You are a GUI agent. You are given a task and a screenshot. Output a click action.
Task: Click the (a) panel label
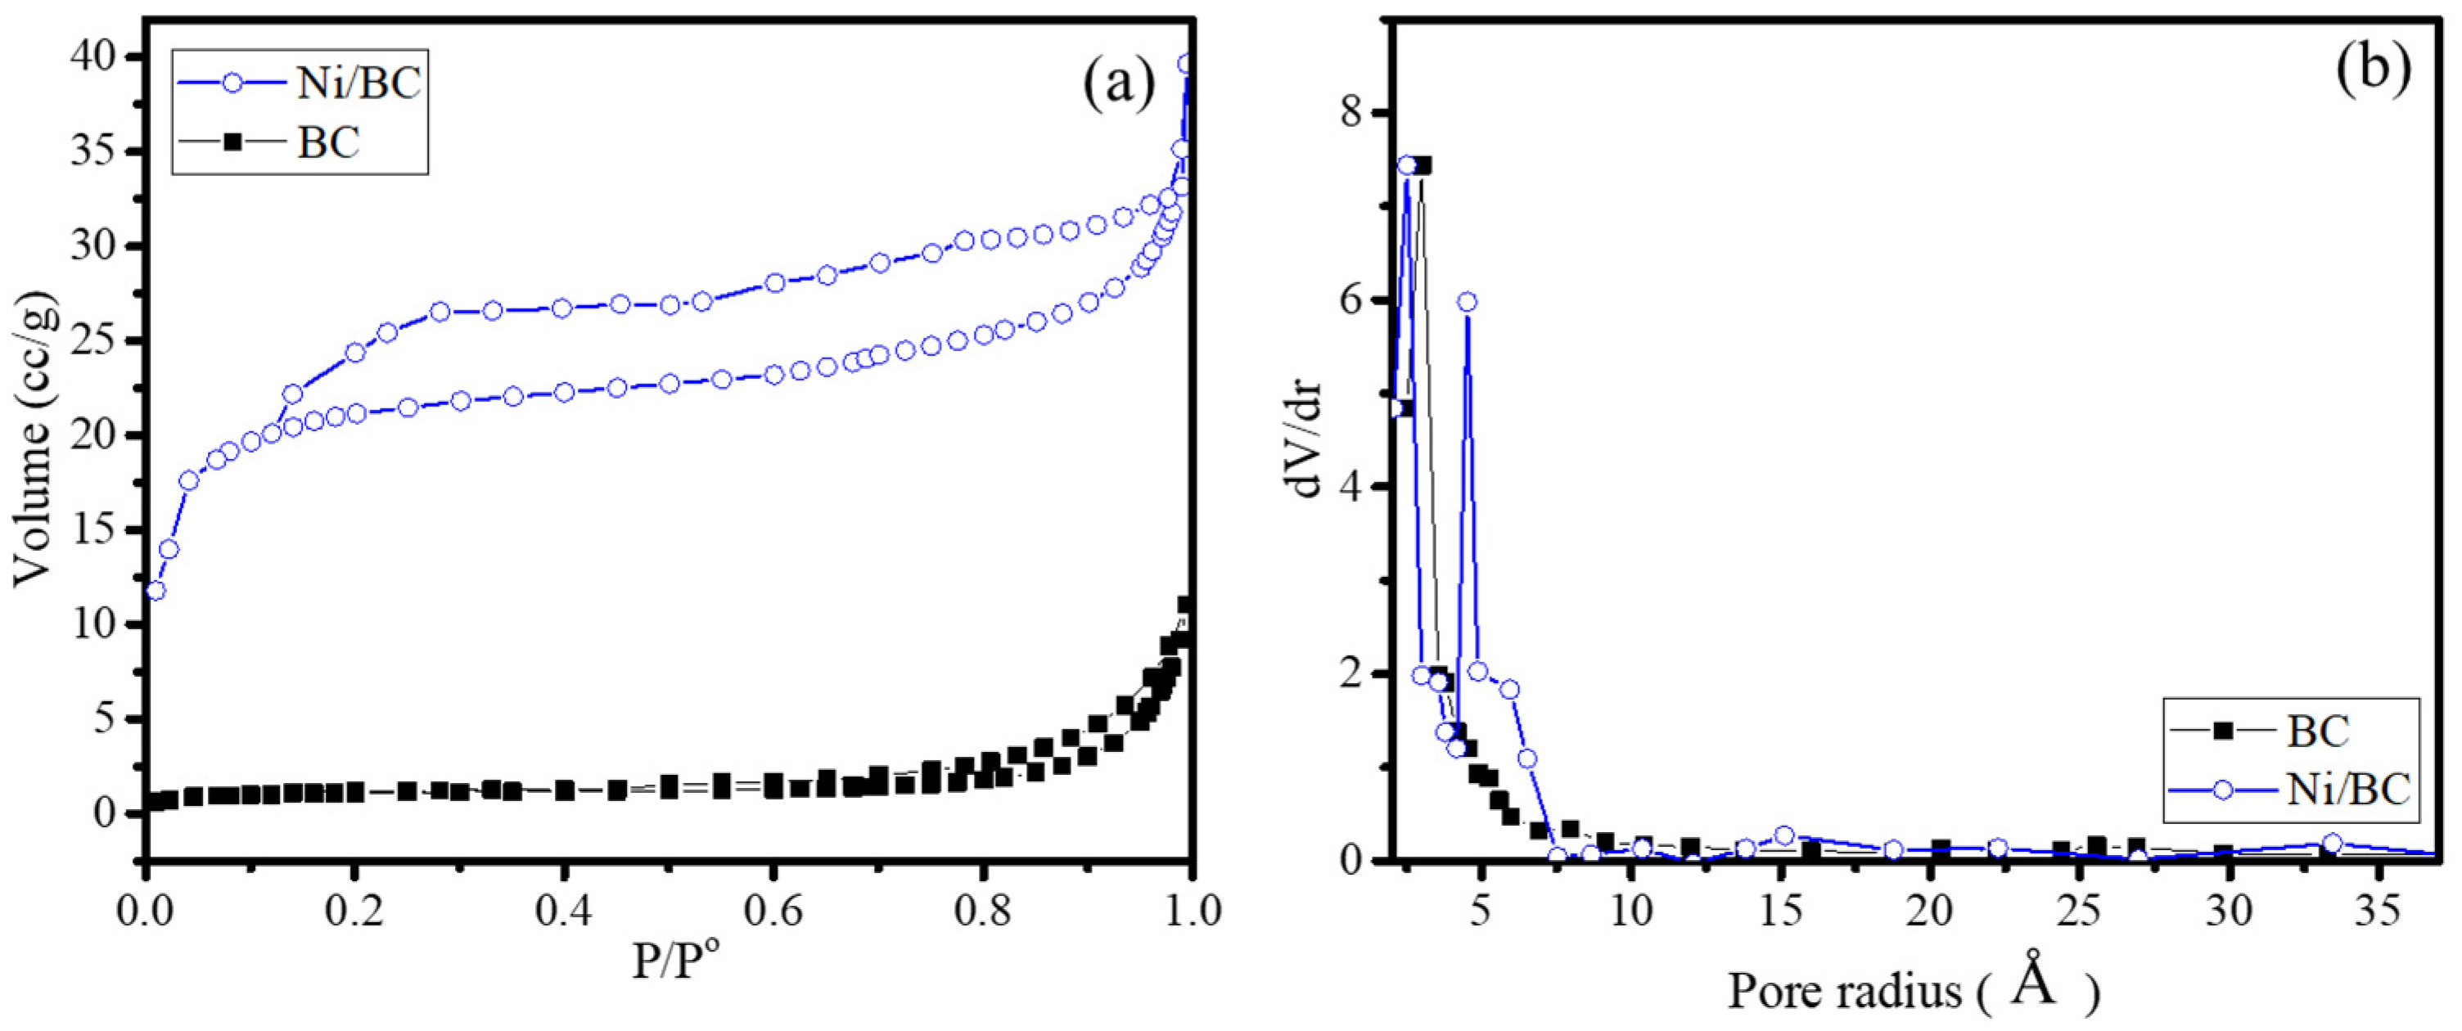point(1118,85)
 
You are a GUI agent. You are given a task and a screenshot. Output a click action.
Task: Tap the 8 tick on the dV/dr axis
point(1355,114)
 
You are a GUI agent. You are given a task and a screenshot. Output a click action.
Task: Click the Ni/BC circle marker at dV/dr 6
point(1467,302)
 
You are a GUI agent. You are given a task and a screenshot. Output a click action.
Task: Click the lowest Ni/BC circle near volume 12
point(156,591)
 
